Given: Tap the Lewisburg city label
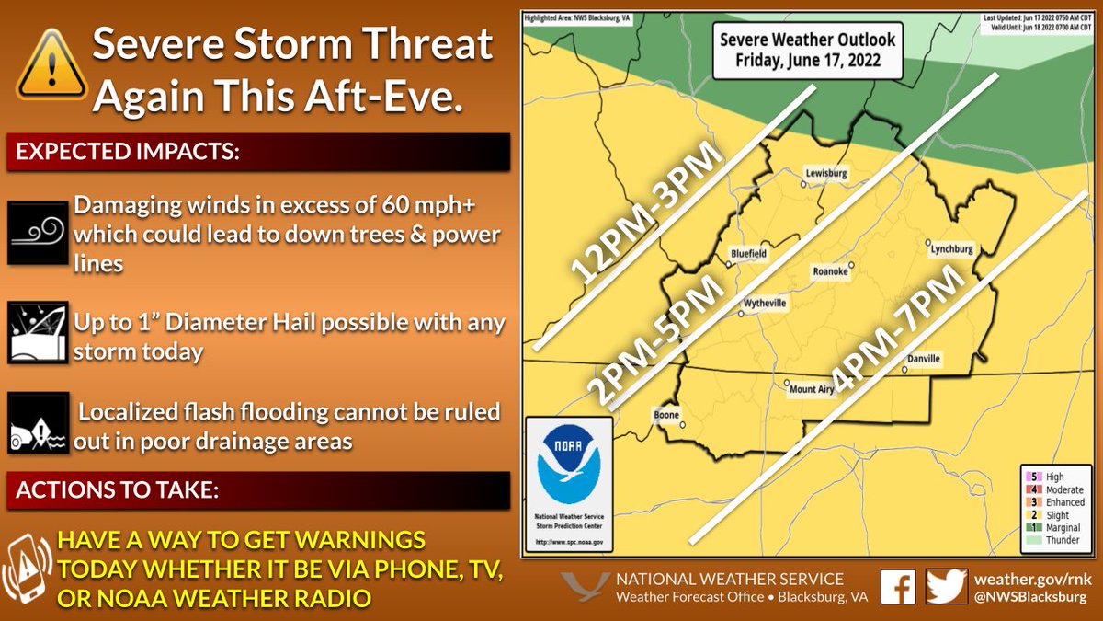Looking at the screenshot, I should coord(824,172).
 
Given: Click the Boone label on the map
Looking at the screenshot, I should coord(666,414).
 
